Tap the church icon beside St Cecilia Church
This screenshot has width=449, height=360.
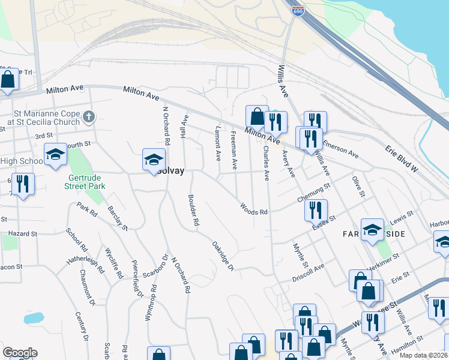(89, 116)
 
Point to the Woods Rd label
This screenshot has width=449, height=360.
(253, 208)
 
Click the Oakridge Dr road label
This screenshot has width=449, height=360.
(222, 256)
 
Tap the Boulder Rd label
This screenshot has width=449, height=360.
(193, 210)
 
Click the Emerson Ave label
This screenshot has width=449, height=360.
(340, 150)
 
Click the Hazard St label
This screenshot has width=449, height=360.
(22, 233)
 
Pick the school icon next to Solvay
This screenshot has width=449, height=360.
(153, 160)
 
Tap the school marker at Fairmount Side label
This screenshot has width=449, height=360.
(372, 230)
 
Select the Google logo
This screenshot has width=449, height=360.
(20, 353)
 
